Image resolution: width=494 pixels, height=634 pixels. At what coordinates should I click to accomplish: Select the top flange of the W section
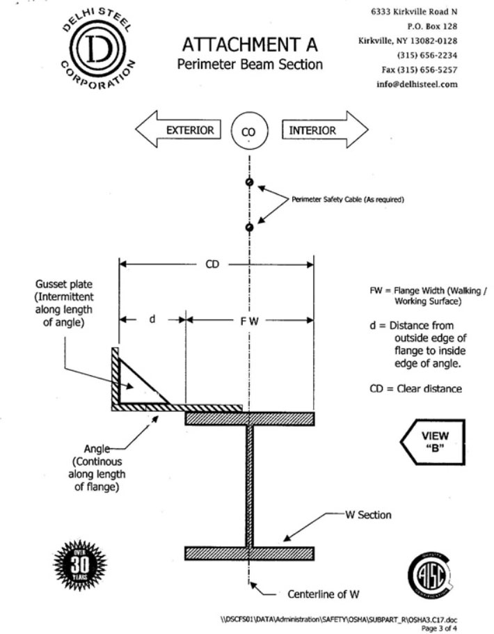tap(250, 418)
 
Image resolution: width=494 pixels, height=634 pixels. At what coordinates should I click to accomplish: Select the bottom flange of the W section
tap(250, 553)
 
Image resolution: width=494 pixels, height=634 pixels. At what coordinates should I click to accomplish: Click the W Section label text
tap(369, 515)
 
